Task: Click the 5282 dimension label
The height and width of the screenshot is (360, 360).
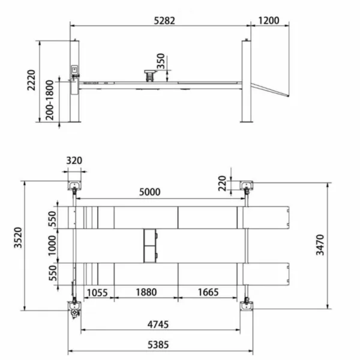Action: (164, 21)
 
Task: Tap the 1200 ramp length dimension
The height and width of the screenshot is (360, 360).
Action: (269, 20)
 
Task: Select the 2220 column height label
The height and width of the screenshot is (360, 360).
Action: (31, 80)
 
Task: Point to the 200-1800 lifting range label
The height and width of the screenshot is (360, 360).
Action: (50, 100)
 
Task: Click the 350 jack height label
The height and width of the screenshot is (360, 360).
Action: (161, 61)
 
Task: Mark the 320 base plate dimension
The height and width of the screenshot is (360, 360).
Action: (74, 160)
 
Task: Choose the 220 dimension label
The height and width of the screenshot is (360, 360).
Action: (222, 184)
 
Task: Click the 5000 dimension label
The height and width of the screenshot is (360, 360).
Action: (149, 192)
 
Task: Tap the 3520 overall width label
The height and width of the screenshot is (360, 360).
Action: (18, 238)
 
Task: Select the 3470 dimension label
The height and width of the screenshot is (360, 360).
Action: (320, 245)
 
